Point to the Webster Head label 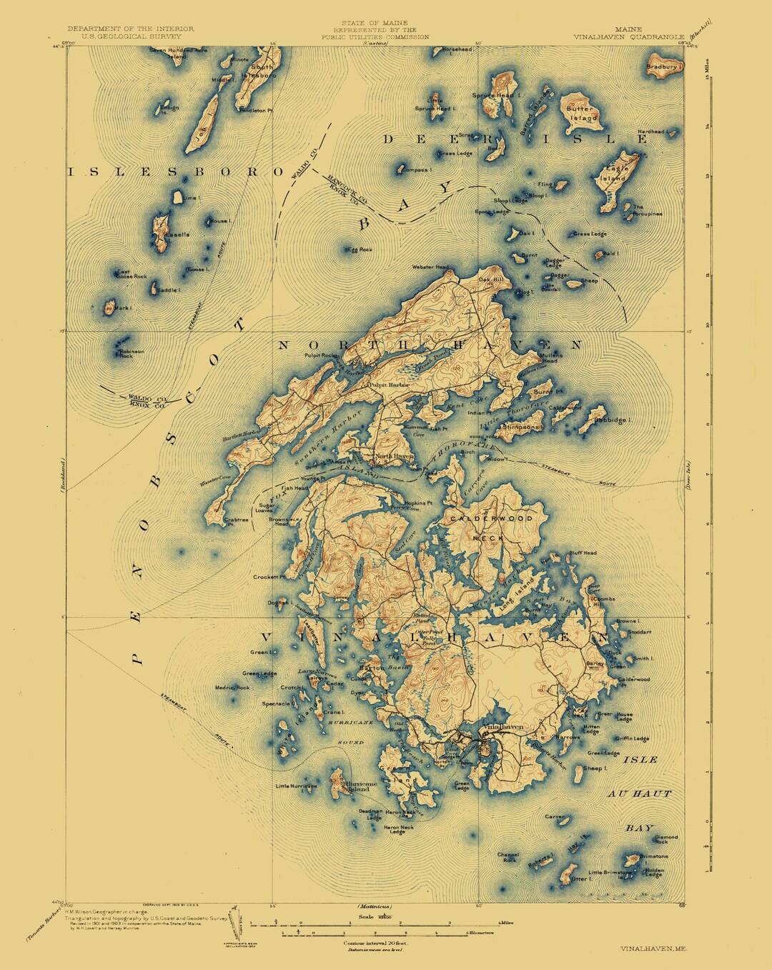tap(430, 267)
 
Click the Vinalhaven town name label tap(504, 727)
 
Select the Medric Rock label tap(232, 688)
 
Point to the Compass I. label tap(417, 170)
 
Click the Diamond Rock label tap(666, 839)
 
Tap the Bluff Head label tap(583, 553)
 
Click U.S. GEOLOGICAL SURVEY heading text tap(131, 36)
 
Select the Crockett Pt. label tap(269, 576)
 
